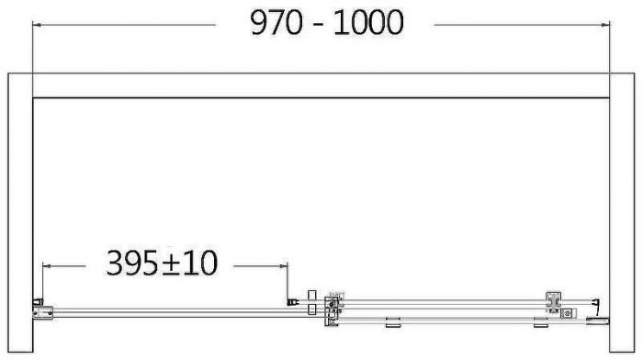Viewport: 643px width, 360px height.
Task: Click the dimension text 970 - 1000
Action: coord(326,24)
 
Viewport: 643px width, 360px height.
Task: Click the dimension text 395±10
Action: coord(161,264)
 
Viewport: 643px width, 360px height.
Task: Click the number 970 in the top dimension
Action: coord(276,24)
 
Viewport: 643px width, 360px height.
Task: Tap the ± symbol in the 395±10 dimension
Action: coord(180,264)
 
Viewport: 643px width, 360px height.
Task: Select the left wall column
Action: coord(17,210)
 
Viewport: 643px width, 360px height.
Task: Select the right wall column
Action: coord(626,210)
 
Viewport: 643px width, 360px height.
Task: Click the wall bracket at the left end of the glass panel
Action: coord(39,307)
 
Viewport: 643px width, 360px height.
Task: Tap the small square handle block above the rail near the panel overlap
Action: coord(311,294)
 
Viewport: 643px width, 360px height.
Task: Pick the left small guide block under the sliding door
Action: coord(394,321)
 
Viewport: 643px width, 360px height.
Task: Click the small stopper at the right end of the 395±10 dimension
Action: coord(291,299)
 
